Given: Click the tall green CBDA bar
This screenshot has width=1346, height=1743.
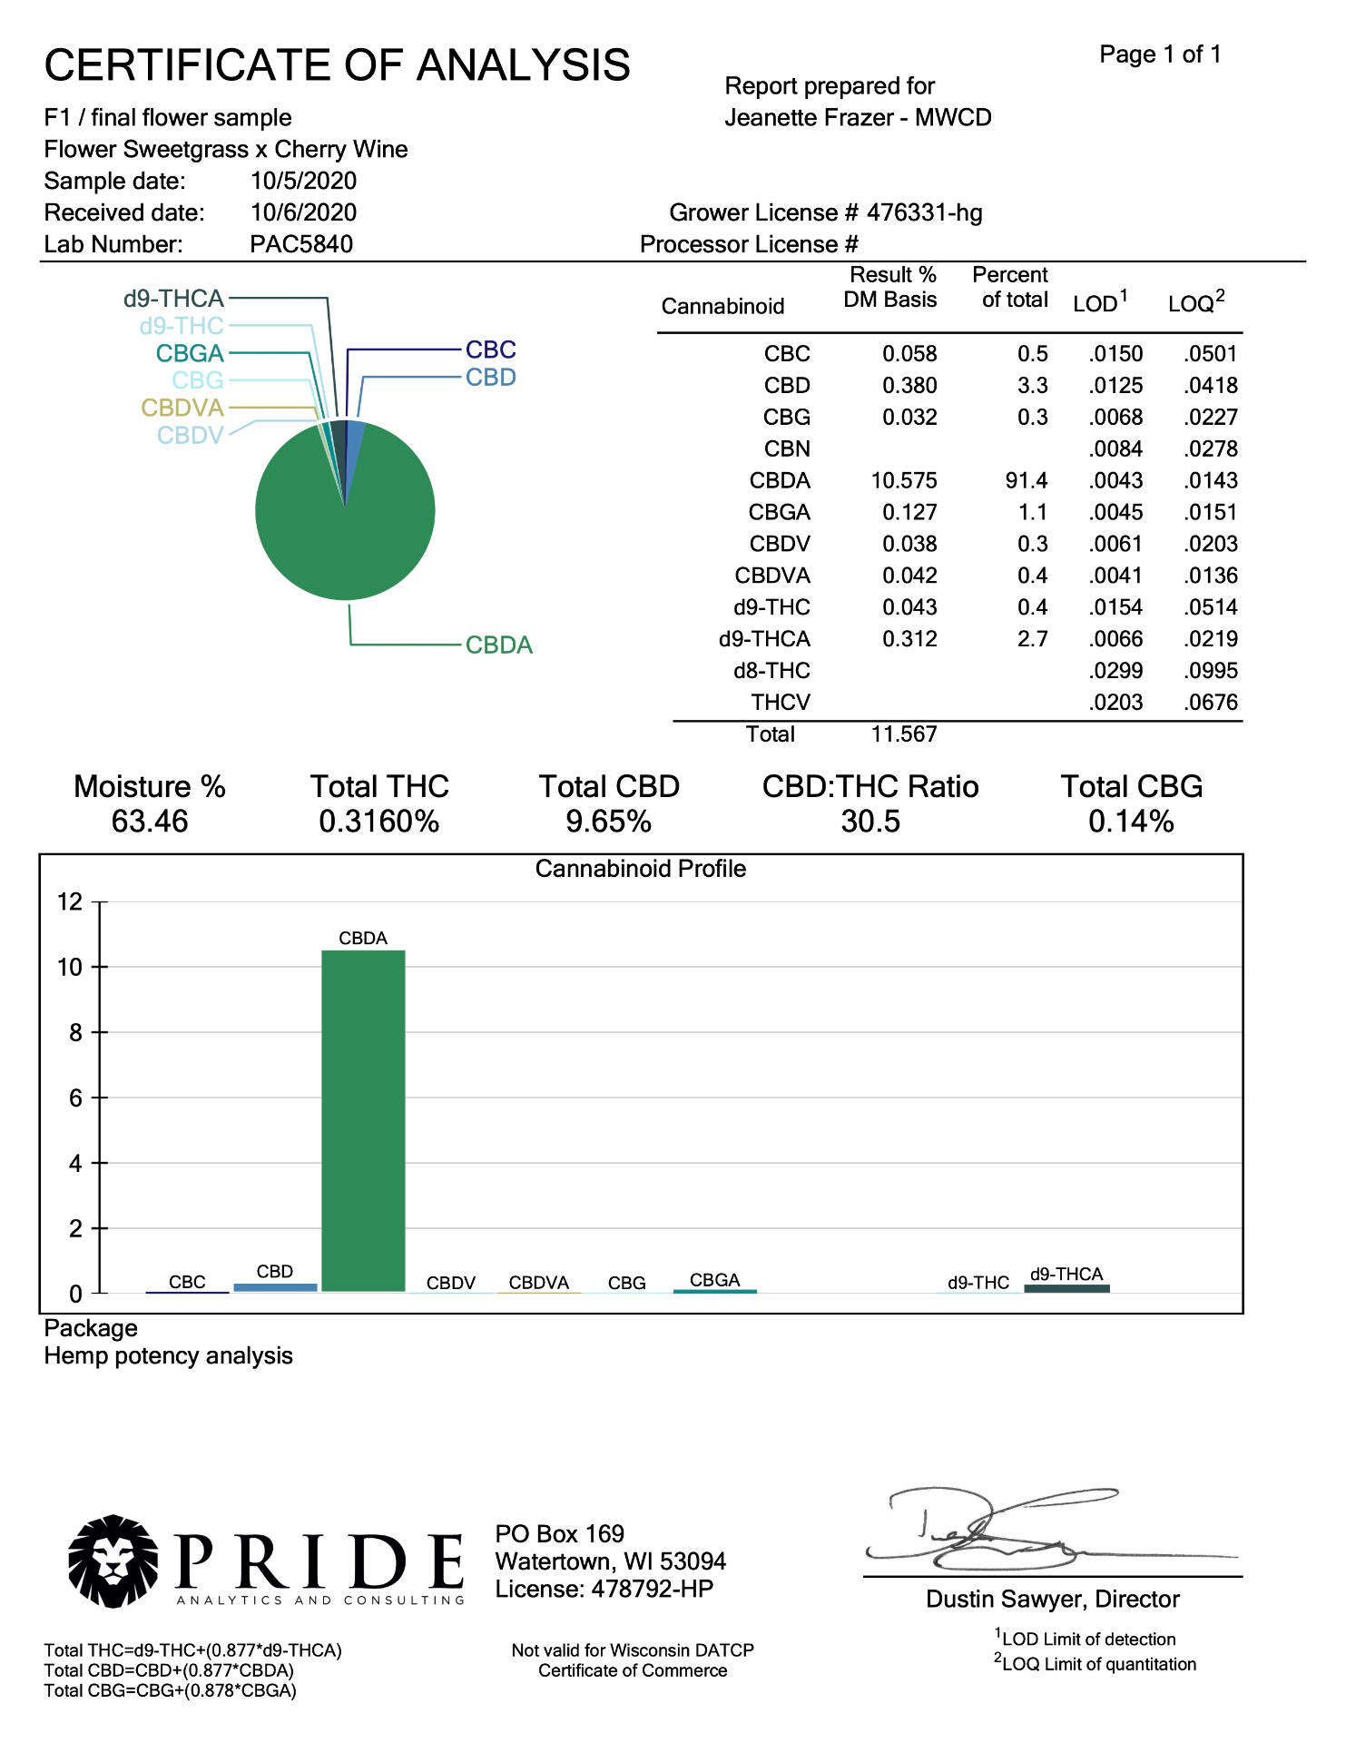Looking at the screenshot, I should (x=363, y=1121).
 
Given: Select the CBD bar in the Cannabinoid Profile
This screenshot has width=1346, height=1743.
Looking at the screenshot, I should (x=275, y=1286).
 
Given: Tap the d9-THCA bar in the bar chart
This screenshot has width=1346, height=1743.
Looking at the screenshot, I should (x=1066, y=1288).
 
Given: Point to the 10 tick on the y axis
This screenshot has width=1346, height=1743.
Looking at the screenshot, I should (x=70, y=968).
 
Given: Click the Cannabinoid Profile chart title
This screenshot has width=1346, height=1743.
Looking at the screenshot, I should (x=640, y=869).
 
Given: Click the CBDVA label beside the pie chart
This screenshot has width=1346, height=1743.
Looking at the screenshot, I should (x=182, y=408).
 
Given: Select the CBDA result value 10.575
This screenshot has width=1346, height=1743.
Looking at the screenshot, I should (x=904, y=480).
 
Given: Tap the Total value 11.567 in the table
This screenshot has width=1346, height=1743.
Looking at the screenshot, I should (x=904, y=734).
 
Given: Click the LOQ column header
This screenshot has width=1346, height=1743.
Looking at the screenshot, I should (x=1195, y=302).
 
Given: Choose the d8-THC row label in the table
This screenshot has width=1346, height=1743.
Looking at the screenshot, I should (x=771, y=671).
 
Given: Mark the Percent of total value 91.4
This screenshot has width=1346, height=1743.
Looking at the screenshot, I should (x=1026, y=480).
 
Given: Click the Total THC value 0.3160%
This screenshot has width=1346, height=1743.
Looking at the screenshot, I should (x=378, y=822).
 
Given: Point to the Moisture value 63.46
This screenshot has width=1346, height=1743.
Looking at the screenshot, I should (x=150, y=822).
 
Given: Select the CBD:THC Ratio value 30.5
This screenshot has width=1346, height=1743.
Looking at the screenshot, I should (x=870, y=822).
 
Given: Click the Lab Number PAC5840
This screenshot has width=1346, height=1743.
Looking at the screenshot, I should (x=301, y=244).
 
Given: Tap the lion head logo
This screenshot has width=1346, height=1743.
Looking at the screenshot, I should (x=113, y=1561).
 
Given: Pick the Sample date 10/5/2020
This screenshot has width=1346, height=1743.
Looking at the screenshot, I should (x=303, y=181).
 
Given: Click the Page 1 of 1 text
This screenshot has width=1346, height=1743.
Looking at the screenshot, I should (x=1160, y=54).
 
